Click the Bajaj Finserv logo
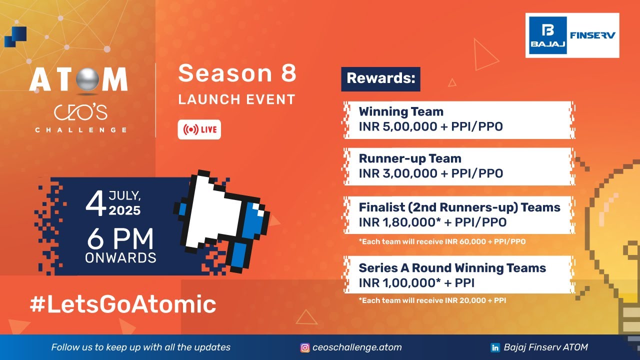pyautogui.click(x=572, y=35)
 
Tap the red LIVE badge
pyautogui.click(x=199, y=130)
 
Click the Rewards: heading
pyautogui.click(x=380, y=79)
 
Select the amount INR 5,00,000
pyautogui.click(x=398, y=127)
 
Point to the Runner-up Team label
pyautogui.click(x=410, y=158)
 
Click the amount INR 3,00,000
pyautogui.click(x=398, y=173)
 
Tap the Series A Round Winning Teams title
pyautogui.click(x=452, y=268)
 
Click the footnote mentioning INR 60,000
pyautogui.click(x=442, y=241)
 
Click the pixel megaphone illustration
pyautogui.click(x=222, y=220)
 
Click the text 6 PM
pyautogui.click(x=120, y=240)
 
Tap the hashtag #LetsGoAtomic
pyautogui.click(x=123, y=304)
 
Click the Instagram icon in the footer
pyautogui.click(x=304, y=347)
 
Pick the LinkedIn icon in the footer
pyautogui.click(x=496, y=347)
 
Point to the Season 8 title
pyautogui.click(x=237, y=73)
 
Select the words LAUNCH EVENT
pyautogui.click(x=237, y=99)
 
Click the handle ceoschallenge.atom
pyautogui.click(x=357, y=347)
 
